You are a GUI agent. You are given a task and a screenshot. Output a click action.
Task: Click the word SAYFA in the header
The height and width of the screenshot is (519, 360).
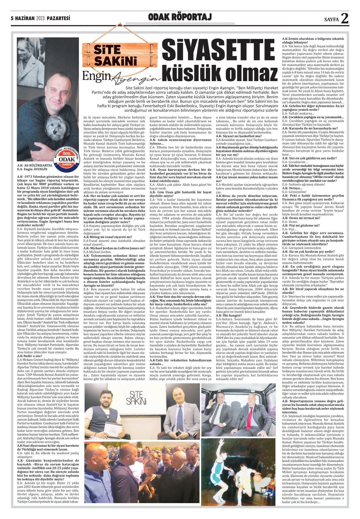tap(331, 20)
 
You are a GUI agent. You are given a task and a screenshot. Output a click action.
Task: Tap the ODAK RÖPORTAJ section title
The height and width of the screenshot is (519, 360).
tap(180, 17)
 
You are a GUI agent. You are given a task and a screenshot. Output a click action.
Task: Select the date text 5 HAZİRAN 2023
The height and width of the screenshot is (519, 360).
tap(27, 19)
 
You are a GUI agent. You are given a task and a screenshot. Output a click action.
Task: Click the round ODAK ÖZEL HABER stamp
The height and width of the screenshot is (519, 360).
tap(66, 159)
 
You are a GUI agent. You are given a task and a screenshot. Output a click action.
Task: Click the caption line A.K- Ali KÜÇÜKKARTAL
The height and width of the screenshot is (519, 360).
tap(35, 165)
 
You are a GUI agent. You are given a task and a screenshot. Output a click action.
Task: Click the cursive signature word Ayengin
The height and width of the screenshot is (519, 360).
tap(139, 79)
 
